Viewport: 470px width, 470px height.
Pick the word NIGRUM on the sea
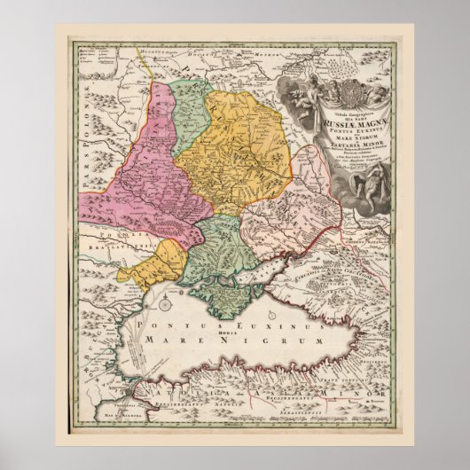click(x=266, y=341)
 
